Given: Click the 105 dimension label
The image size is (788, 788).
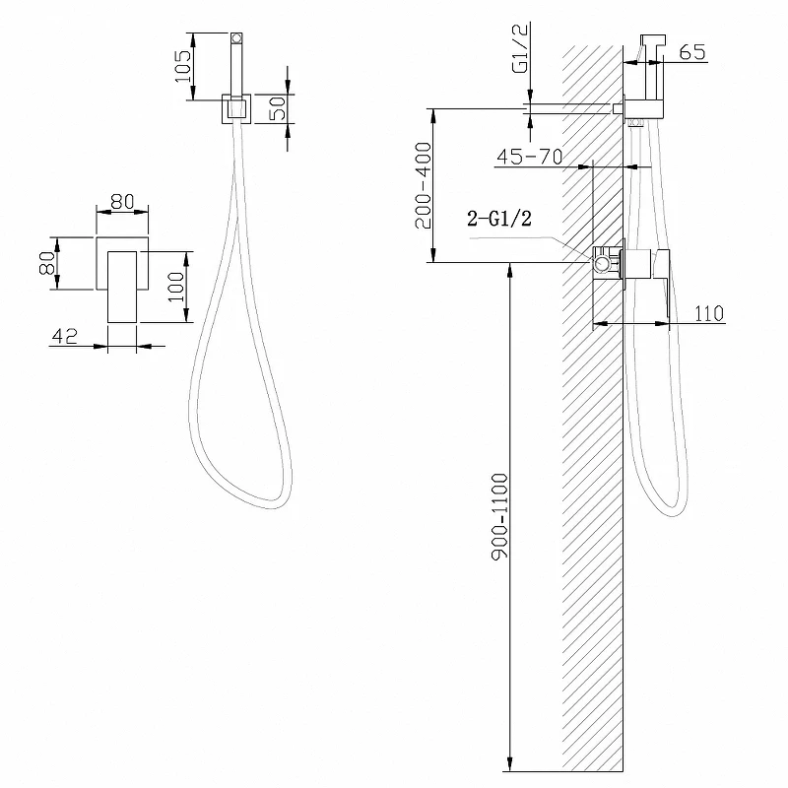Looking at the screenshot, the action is click(x=183, y=67).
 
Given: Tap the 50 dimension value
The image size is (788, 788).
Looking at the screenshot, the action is click(x=278, y=108).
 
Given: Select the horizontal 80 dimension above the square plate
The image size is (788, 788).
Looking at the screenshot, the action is click(x=122, y=203).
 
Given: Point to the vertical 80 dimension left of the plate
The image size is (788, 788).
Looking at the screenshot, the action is click(x=47, y=263).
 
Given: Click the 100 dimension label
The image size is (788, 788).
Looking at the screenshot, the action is click(x=176, y=287).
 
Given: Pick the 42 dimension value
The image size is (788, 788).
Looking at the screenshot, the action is click(x=65, y=336).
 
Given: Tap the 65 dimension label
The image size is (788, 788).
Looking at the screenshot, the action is click(x=692, y=52).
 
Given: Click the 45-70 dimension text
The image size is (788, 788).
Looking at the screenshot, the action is click(x=530, y=158).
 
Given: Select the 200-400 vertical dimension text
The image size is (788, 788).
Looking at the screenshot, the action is click(x=424, y=185).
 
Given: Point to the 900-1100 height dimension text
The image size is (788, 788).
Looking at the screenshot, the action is click(x=500, y=516).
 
